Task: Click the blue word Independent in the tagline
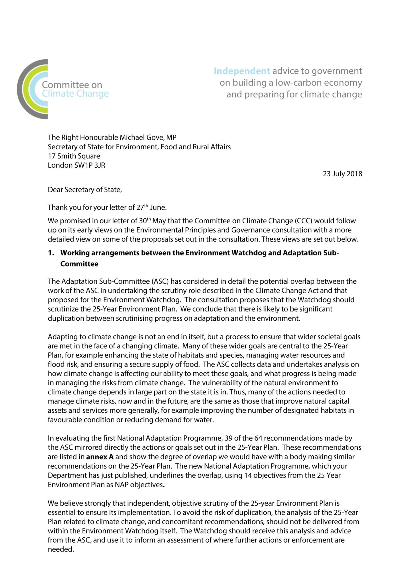point(242,71)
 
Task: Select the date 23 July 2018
point(342,174)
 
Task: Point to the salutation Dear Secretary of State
point(85,190)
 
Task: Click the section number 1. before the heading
point(51,253)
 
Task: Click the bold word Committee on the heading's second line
point(79,264)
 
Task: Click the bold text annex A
point(100,457)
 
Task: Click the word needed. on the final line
point(61,549)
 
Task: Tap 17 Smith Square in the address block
point(74,156)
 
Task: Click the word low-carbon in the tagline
point(297,83)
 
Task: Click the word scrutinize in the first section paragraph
point(62,309)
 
